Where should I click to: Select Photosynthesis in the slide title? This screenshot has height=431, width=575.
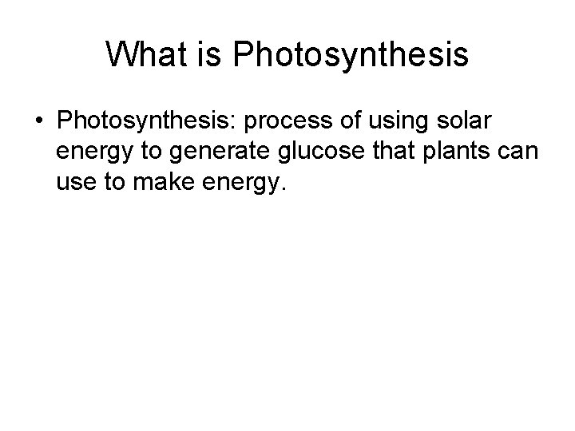pyautogui.click(x=344, y=55)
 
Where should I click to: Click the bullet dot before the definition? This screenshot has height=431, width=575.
pyautogui.click(x=38, y=121)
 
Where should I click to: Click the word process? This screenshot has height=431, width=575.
pyautogui.click(x=285, y=121)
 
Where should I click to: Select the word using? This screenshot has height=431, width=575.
pyautogui.click(x=392, y=121)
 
